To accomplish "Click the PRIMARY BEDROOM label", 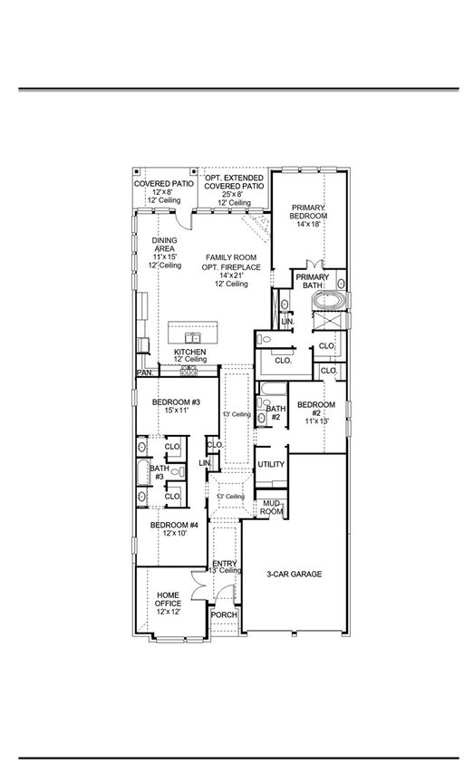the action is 308,211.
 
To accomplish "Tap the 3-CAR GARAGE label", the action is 294,574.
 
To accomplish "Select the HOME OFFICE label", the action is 169,599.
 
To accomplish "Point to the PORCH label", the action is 224,614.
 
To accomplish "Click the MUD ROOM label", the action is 272,508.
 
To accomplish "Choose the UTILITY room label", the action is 271,464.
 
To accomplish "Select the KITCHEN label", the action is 190,352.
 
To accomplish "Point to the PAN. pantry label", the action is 145,372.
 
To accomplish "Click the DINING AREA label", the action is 164,244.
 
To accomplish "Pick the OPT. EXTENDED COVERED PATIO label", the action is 234,182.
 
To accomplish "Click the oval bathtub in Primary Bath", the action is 329,300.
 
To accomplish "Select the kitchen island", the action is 192,333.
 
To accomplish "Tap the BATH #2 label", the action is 275,412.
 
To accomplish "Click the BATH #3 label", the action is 159,471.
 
